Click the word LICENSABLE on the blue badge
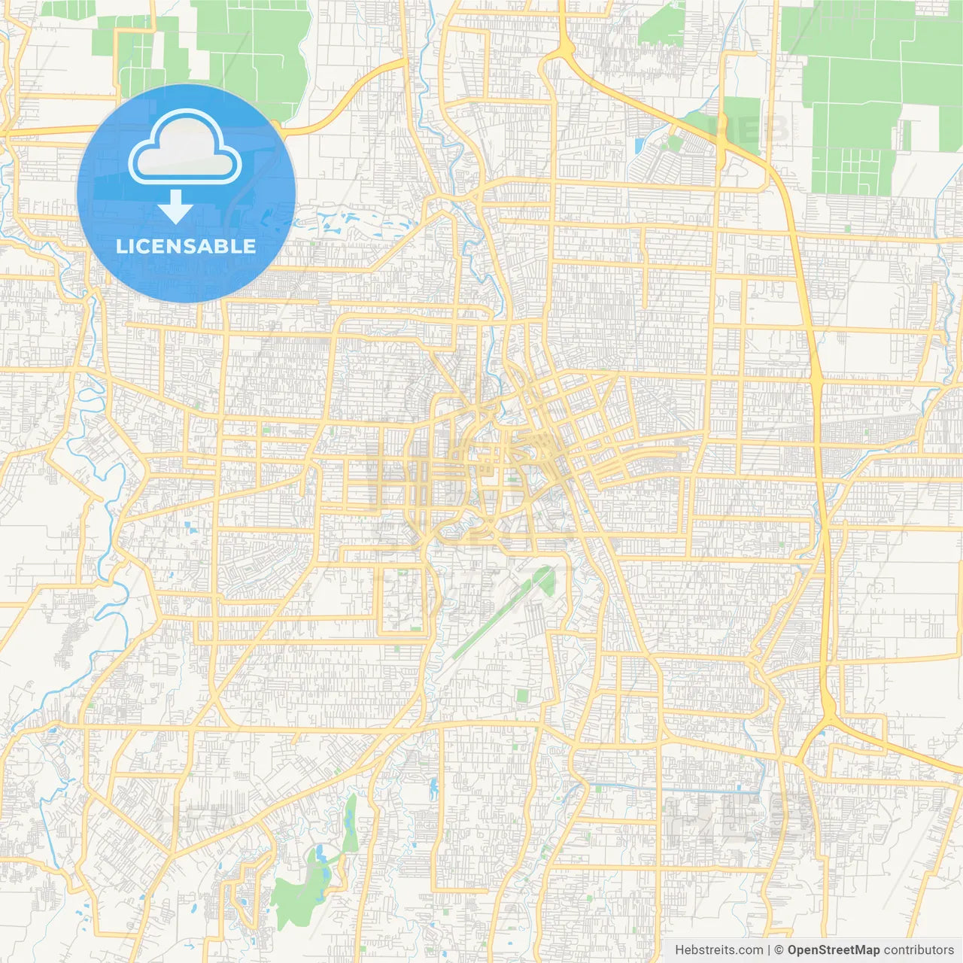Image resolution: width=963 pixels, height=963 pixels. (x=186, y=246)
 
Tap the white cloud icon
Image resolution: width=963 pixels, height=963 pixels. (x=184, y=147)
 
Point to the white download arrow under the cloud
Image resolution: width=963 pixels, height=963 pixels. (x=175, y=206)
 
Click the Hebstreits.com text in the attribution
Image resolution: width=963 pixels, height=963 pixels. (x=718, y=950)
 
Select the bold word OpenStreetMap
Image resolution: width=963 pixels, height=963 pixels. (x=833, y=950)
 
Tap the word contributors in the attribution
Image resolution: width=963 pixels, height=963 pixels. (x=919, y=950)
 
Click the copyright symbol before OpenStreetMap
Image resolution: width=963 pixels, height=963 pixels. (x=779, y=950)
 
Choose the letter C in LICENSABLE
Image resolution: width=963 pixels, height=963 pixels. (x=143, y=246)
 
